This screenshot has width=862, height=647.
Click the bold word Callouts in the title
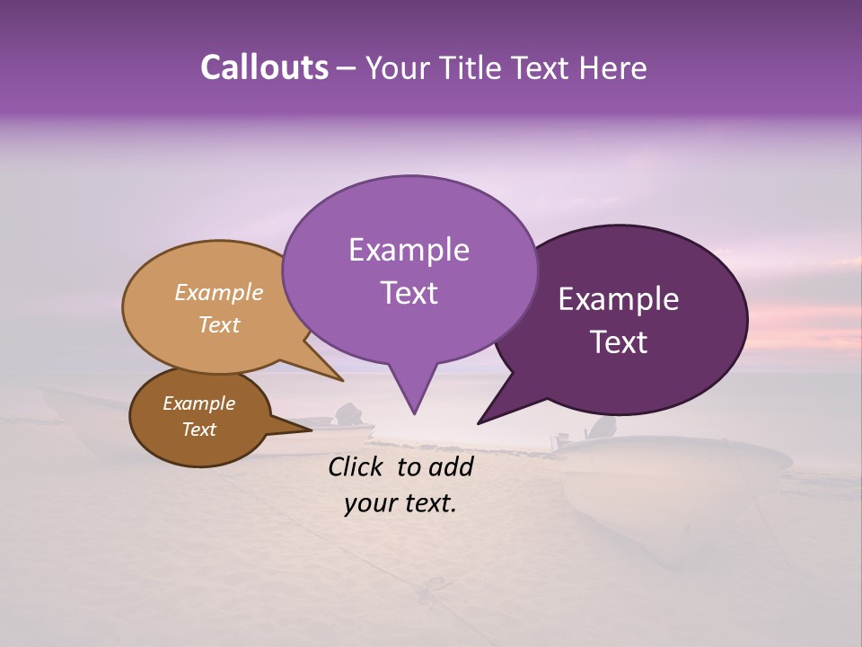click(x=264, y=68)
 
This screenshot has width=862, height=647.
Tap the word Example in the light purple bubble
click(x=409, y=250)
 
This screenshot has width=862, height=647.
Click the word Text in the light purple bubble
click(x=409, y=293)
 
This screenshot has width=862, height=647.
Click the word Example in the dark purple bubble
click(x=619, y=299)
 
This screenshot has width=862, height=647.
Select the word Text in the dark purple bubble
click(x=619, y=342)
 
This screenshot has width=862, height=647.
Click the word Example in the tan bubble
click(x=218, y=293)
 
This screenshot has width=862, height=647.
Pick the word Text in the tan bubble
click(x=218, y=325)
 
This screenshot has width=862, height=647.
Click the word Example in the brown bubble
click(x=198, y=403)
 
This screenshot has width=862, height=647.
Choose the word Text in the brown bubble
click(x=198, y=430)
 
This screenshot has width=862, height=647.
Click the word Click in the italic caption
click(x=358, y=466)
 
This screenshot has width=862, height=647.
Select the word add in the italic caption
click(x=452, y=466)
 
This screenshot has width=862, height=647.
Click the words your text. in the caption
click(x=400, y=504)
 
